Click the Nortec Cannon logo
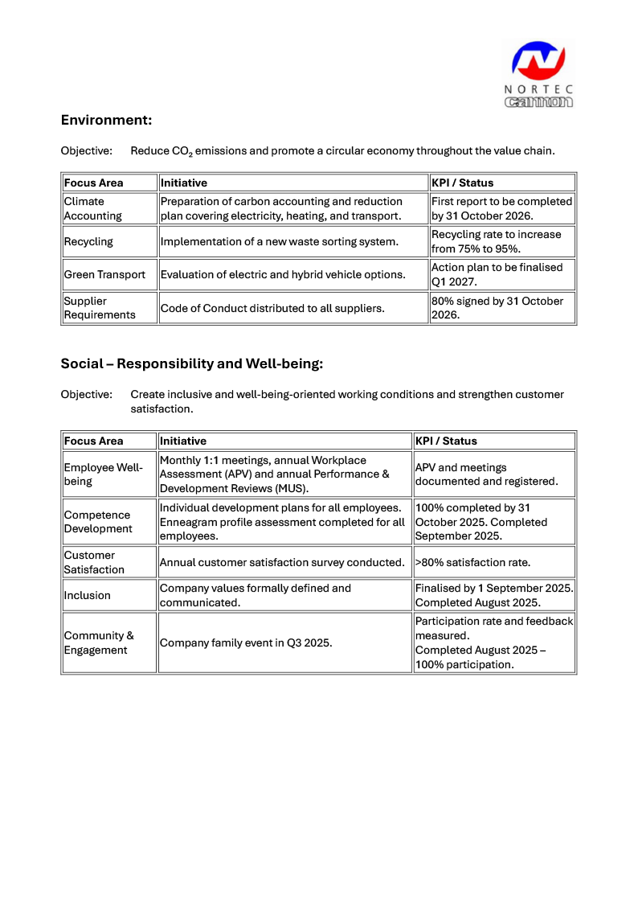[x=539, y=73]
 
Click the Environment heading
[x=106, y=120]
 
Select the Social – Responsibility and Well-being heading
[x=191, y=363]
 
